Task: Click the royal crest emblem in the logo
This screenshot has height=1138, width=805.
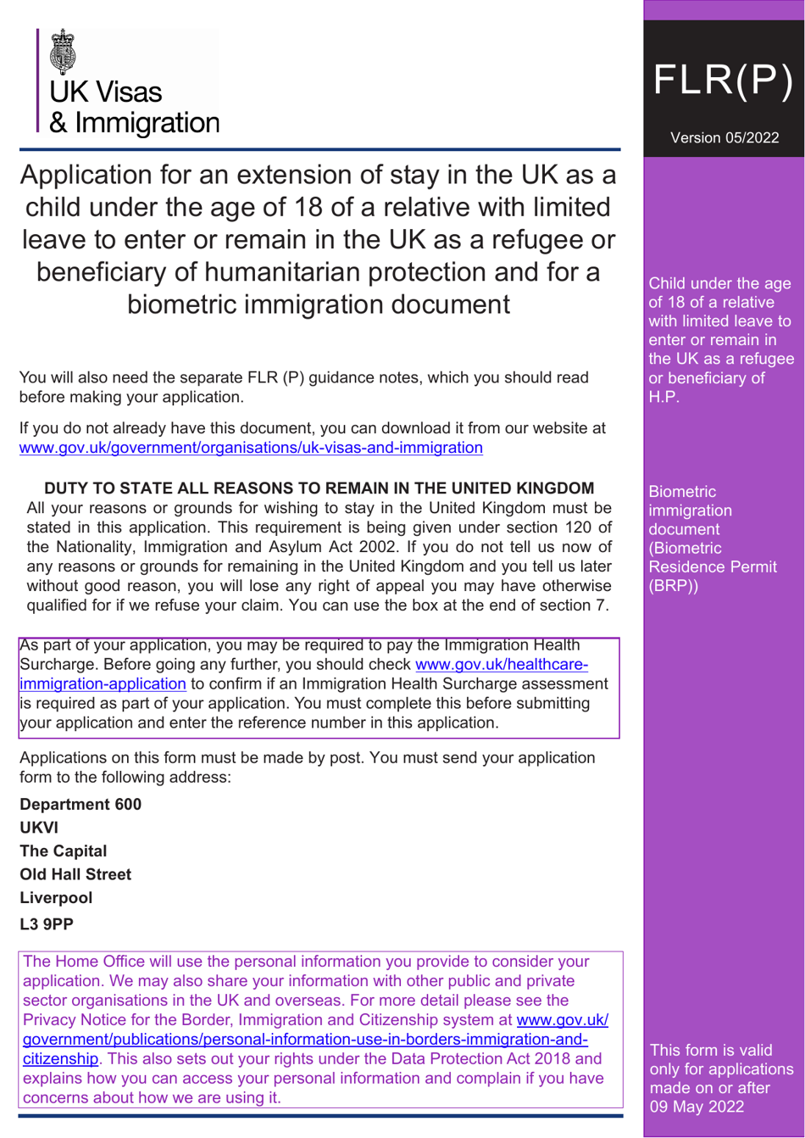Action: pyautogui.click(x=64, y=53)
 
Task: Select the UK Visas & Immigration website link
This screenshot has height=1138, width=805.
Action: pyautogui.click(x=251, y=447)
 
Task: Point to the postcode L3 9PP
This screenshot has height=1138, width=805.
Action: pyautogui.click(x=47, y=924)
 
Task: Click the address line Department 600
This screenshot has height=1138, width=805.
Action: pyautogui.click(x=80, y=804)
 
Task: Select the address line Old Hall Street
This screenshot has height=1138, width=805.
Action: pyautogui.click(x=75, y=874)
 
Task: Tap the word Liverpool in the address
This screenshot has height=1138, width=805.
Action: pyautogui.click(x=56, y=897)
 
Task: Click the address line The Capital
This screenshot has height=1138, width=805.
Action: pyautogui.click(x=64, y=851)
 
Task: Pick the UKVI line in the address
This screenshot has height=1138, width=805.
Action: pyautogui.click(x=38, y=828)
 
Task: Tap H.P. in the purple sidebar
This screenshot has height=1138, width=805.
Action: pyautogui.click(x=663, y=398)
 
